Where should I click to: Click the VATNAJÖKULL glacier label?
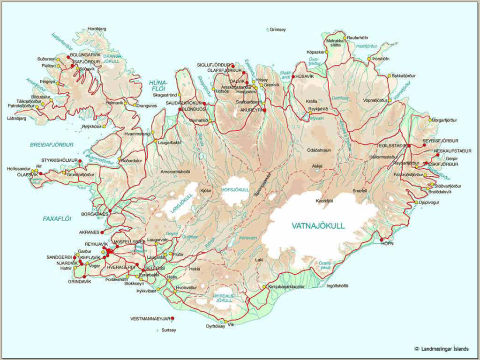click(318, 226)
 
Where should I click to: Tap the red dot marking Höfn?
click(381, 240)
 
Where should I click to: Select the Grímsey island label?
click(277, 30)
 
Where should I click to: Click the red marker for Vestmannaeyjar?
click(172, 319)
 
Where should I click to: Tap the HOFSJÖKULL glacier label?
click(234, 189)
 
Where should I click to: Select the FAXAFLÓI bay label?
click(56, 218)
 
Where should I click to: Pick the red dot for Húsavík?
click(293, 76)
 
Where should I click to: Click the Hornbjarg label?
click(97, 29)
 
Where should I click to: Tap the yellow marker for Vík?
click(225, 322)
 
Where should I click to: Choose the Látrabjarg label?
click(17, 119)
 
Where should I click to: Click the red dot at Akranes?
click(102, 232)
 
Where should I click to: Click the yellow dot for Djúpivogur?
click(415, 202)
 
